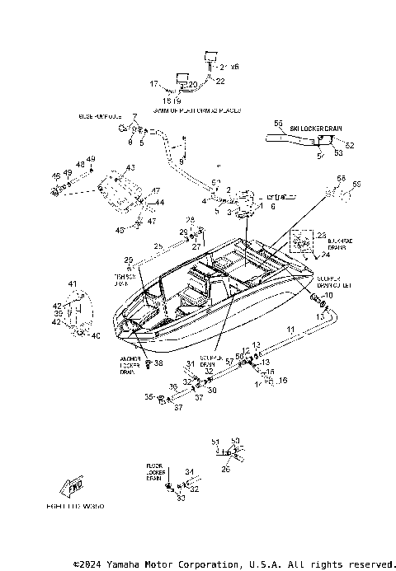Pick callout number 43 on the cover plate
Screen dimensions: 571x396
click(130, 168)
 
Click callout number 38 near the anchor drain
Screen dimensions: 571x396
click(159, 363)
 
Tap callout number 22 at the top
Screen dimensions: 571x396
click(220, 81)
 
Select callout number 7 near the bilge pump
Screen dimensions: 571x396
click(136, 115)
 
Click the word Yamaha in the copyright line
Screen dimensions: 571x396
click(125, 564)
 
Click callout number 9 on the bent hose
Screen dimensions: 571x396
click(181, 161)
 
